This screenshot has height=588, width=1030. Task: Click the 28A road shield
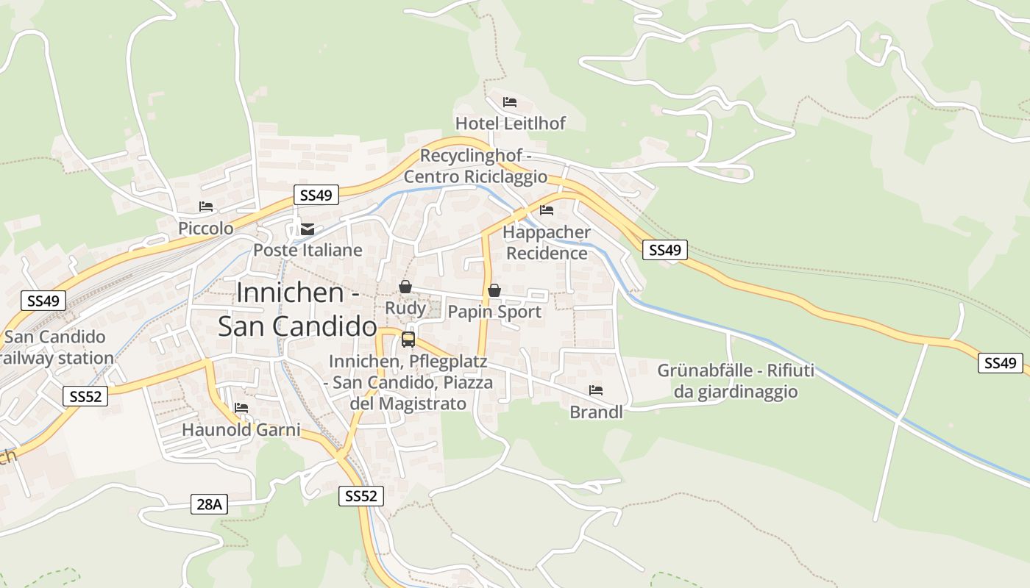[x=209, y=504]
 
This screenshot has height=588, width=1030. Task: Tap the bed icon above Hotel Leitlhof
[x=510, y=101]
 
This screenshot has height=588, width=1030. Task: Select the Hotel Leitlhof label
[x=510, y=123]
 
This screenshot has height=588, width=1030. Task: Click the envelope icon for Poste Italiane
[x=308, y=229]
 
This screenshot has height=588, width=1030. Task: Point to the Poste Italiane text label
[x=308, y=250]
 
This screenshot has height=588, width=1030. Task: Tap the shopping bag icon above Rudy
[x=405, y=287]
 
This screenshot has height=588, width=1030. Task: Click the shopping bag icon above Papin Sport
[x=494, y=290]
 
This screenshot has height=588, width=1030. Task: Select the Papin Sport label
[x=494, y=312]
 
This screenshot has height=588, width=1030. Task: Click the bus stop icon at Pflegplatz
[x=408, y=339]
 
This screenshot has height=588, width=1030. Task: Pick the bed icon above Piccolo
[x=206, y=207]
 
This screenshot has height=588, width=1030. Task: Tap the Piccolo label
[x=206, y=229]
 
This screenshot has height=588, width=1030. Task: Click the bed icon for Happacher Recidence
[x=547, y=210]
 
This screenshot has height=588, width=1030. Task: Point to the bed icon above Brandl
[x=596, y=390]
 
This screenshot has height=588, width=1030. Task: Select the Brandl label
[x=596, y=412]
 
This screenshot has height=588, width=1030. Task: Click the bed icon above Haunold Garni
[x=241, y=408]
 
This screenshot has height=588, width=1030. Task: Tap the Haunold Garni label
[x=241, y=429]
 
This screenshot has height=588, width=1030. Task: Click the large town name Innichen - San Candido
[x=297, y=309]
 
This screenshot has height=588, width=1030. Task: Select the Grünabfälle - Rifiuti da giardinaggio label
[x=736, y=381]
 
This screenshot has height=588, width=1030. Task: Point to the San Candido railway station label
[x=57, y=348]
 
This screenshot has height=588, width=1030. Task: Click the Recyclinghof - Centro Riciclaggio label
[x=476, y=166]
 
